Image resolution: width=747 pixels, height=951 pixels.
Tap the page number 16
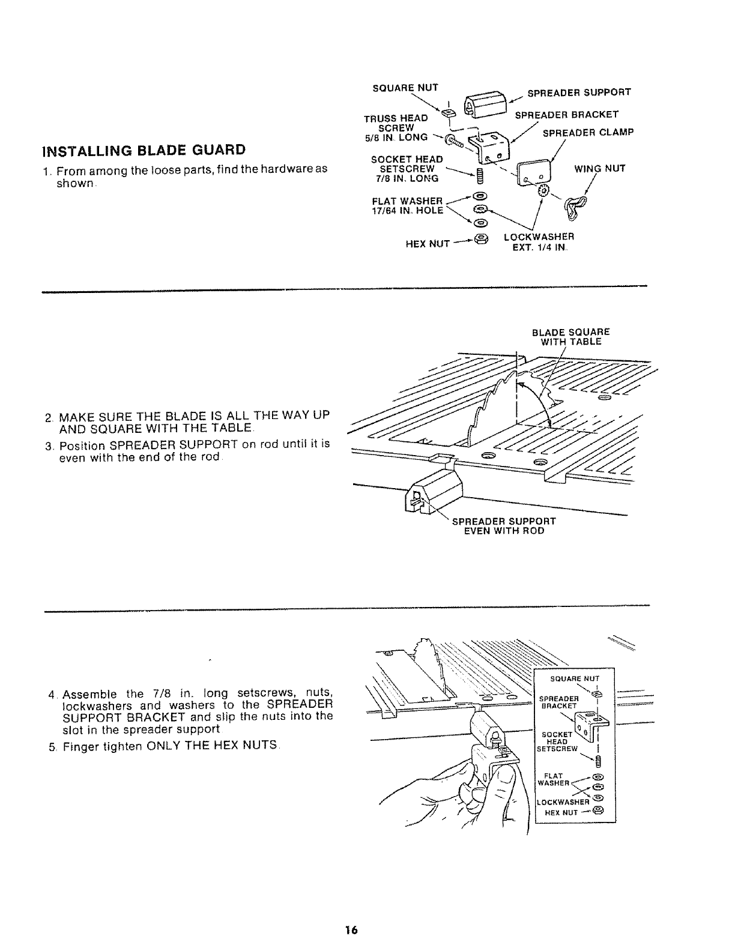pyautogui.click(x=351, y=930)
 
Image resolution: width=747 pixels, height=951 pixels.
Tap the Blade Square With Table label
pyautogui.click(x=570, y=336)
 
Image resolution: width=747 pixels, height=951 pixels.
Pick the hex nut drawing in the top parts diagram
pyautogui.click(x=480, y=240)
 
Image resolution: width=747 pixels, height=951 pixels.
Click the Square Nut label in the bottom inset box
pyautogui.click(x=575, y=679)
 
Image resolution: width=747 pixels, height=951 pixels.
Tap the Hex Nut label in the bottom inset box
pyautogui.click(x=561, y=812)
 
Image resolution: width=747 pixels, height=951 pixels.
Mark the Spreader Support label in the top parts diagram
pyautogui.click(x=579, y=92)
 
